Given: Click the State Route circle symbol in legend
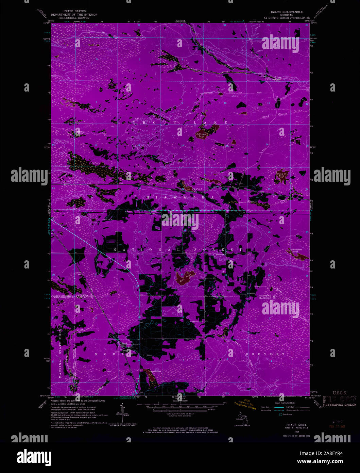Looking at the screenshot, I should [x=281, y=414].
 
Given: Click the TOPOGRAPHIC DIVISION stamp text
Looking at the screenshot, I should [x=339, y=405].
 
